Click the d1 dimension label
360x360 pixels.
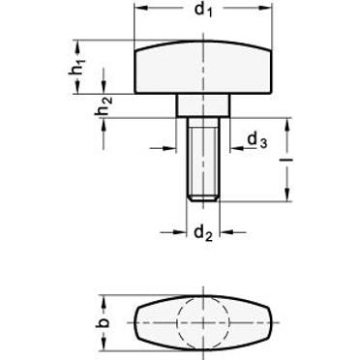[204, 10]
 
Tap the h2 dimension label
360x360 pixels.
[104, 106]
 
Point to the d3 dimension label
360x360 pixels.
[257, 141]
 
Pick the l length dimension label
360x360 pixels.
[288, 160]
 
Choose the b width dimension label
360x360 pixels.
[104, 322]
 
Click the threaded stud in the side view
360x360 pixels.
[203, 160]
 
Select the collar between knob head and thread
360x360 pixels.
[203, 105]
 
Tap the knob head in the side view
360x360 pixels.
[203, 67]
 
